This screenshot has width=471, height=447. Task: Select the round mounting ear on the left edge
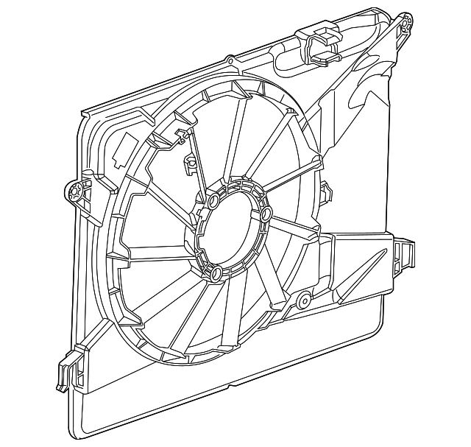click(74, 191)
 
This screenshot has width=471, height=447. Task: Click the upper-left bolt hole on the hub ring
click(212, 201)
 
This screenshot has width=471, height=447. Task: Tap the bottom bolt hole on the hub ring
click(217, 275)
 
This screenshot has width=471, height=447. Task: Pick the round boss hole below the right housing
click(302, 300)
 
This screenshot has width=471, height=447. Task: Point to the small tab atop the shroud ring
click(230, 60)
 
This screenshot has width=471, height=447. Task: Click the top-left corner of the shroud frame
click(82, 110)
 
